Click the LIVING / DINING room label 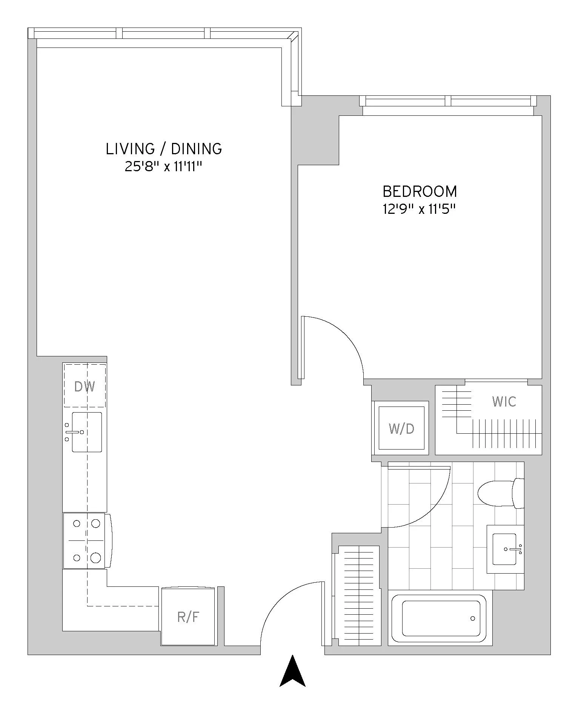click(x=164, y=149)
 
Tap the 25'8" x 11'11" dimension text click(x=164, y=166)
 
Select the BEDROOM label click(x=420, y=192)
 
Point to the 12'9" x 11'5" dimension click(x=420, y=209)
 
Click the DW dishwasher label click(x=85, y=387)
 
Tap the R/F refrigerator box click(x=188, y=617)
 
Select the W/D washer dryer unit click(x=401, y=428)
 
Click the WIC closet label click(x=504, y=402)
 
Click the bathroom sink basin click(x=504, y=549)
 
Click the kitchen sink click(x=87, y=432)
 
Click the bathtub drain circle click(x=473, y=618)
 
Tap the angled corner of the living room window click(x=293, y=37)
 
